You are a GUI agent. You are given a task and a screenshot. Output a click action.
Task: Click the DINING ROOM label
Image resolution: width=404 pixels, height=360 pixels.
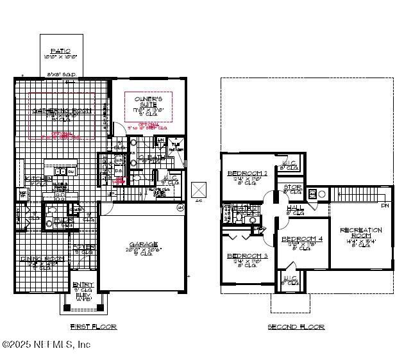tap(40, 259)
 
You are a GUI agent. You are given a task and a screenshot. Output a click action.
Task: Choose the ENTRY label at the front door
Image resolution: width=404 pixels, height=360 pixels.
tap(83, 284)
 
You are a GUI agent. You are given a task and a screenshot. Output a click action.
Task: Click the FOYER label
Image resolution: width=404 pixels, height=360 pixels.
tap(84, 247)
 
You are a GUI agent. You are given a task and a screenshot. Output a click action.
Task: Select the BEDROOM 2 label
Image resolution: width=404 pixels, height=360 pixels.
tap(247, 174)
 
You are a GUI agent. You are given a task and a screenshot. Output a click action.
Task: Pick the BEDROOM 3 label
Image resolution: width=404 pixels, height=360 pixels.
tap(247, 256)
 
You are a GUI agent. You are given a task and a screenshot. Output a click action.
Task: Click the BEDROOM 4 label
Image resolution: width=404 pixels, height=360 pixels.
tap(301, 240)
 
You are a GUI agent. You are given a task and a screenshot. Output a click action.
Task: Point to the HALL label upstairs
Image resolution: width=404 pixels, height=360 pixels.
tap(294, 208)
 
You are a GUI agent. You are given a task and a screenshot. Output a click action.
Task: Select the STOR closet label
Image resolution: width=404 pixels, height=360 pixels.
tap(292, 188)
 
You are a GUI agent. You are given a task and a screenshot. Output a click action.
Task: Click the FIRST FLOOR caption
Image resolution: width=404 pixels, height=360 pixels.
tap(93, 327)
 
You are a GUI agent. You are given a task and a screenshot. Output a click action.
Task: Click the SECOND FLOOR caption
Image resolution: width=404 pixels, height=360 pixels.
tap(296, 327)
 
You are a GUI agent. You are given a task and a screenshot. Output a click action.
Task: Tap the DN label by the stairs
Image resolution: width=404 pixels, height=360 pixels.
tap(384, 206)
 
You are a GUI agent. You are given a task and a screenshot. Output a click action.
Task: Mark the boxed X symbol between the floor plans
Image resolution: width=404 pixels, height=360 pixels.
tap(199, 190)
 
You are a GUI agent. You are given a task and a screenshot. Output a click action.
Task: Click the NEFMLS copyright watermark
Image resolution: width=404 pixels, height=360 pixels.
tap(46, 345)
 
